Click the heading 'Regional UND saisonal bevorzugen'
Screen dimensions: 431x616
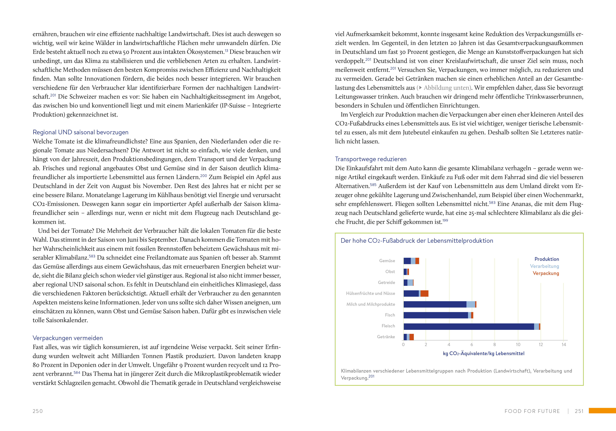pos(81,132)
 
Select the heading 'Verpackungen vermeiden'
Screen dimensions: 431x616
pos(68,338)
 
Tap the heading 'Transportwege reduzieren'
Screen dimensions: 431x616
pos(371,159)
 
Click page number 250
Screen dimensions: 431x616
pos(38,411)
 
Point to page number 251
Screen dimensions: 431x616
pos(579,411)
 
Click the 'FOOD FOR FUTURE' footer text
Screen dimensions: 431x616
pos(532,411)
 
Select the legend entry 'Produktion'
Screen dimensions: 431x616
pos(547,259)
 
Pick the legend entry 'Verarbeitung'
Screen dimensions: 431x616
pos(544,266)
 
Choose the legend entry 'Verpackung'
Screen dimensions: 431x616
pos(546,273)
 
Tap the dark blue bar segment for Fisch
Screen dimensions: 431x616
pos(435,315)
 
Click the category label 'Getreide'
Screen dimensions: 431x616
pos(386,282)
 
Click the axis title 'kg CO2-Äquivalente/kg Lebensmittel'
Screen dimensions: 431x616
pos(483,353)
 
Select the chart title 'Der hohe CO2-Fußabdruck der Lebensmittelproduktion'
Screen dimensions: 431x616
pos(417,241)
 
